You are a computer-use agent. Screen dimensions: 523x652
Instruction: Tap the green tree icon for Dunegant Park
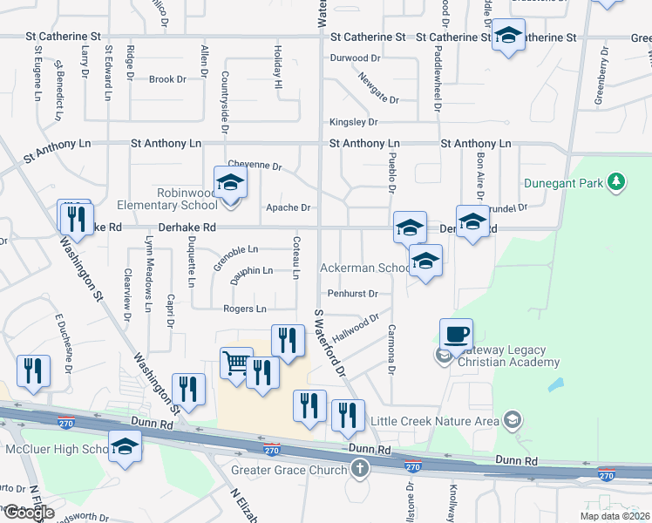tap(617, 182)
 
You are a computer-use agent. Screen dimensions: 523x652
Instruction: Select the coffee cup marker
tap(457, 333)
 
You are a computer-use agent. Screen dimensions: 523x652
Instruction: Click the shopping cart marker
tap(236, 363)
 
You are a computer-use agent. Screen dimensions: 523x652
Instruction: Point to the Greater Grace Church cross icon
tap(359, 470)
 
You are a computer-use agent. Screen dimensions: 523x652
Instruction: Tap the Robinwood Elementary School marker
tap(231, 182)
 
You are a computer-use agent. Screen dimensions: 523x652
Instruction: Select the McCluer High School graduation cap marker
tap(126, 446)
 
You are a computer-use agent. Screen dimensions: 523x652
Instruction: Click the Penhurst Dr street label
tap(352, 294)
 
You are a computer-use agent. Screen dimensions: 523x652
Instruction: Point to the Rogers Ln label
tap(245, 309)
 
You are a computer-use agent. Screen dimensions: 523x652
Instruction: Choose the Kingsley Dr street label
tap(353, 122)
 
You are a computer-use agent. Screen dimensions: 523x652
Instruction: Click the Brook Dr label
tap(167, 79)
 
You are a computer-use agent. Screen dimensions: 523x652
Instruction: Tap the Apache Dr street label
tap(288, 207)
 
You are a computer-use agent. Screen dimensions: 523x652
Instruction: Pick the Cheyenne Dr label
tap(255, 165)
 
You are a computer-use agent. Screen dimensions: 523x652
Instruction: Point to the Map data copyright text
tap(614, 516)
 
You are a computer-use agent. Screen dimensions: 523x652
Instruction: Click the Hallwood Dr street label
tap(356, 328)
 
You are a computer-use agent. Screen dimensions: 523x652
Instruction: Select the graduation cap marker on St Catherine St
tap(508, 36)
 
